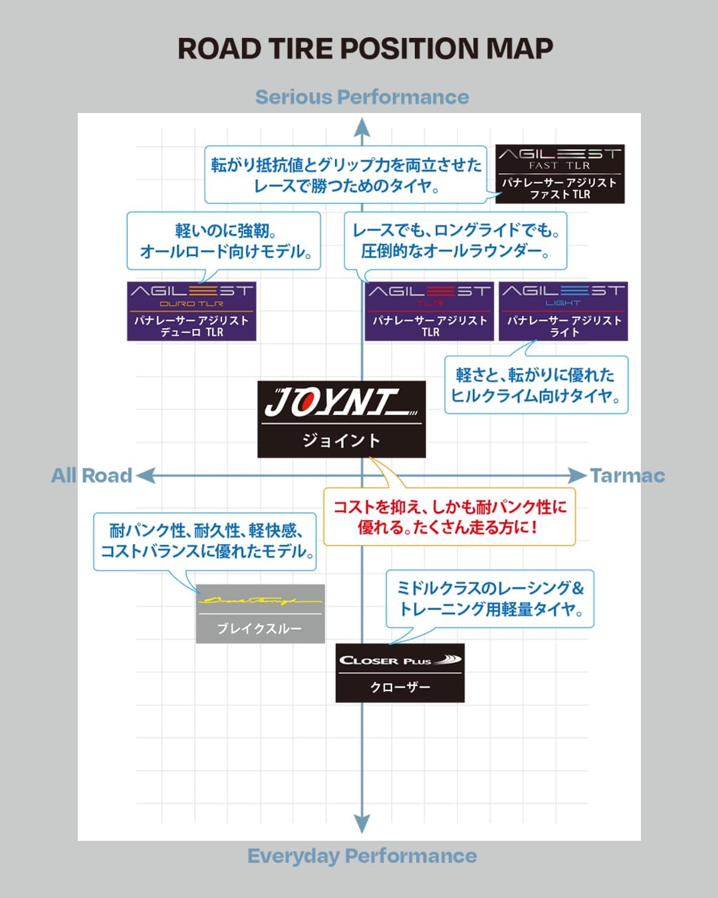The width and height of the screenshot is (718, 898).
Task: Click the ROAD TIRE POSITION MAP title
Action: (x=365, y=49)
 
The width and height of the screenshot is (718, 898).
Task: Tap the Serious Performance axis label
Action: (x=362, y=97)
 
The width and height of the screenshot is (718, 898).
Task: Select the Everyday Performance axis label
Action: (x=362, y=855)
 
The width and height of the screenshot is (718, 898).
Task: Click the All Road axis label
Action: (x=92, y=476)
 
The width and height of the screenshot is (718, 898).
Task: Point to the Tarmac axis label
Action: (x=627, y=476)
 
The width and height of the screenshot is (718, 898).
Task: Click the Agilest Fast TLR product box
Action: (x=560, y=174)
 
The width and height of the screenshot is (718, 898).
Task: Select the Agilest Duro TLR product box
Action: (x=191, y=311)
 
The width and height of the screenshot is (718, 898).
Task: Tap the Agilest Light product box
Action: (x=563, y=311)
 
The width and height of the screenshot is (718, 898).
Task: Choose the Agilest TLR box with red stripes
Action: (x=429, y=311)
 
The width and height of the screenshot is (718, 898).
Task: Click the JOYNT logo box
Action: (x=341, y=419)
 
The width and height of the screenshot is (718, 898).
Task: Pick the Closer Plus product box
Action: (x=400, y=673)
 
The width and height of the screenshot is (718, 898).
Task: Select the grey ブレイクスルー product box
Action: (x=260, y=614)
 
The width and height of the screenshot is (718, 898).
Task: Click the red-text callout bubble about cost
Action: (x=449, y=518)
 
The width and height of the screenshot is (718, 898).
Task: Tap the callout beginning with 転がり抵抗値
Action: (x=346, y=175)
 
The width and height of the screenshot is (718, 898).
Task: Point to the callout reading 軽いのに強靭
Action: (x=224, y=241)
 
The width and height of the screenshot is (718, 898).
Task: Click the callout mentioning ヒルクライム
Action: (x=536, y=385)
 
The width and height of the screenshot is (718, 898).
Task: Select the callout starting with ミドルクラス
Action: (x=490, y=599)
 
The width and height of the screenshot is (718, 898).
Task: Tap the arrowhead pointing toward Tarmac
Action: (x=577, y=476)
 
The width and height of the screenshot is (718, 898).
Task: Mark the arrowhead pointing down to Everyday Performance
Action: (x=362, y=823)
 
